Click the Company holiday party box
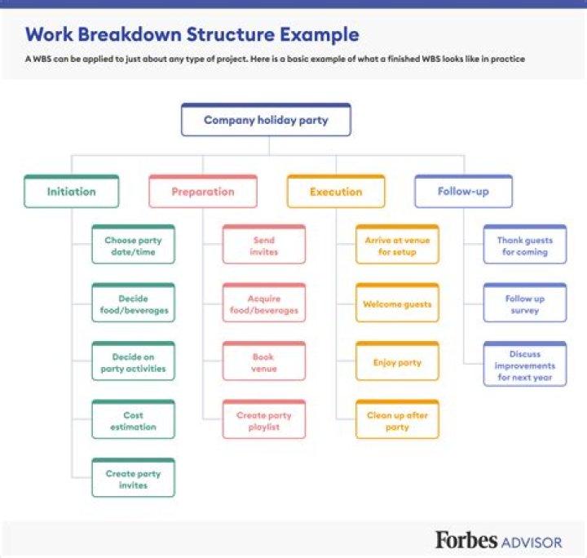coord(266,120)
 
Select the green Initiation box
coord(72,192)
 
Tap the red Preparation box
coord(203,192)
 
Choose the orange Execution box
coord(335,192)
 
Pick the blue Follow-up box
coord(463,192)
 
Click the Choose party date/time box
coord(133,246)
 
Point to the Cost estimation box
coord(133,420)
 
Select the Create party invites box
coord(133,479)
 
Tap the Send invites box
coord(263,246)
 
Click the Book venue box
coord(263,362)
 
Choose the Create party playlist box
coord(263,420)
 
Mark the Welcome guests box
coord(397,304)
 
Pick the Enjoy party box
coord(397,362)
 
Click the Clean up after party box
coord(397,420)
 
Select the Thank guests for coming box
coord(524,246)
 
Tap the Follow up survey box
coord(524,304)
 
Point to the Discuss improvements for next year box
coord(524,365)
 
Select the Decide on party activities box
coord(133,362)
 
